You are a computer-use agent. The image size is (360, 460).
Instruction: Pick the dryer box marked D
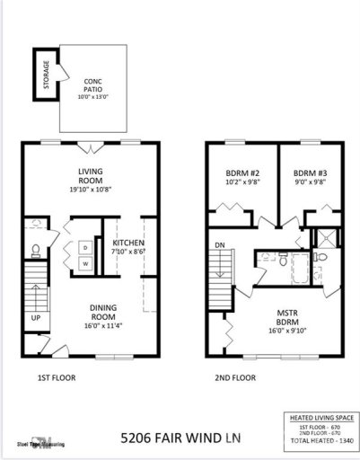point(85,246)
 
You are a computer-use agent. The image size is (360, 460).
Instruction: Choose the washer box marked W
point(85,263)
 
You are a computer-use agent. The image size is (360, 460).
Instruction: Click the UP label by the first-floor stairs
point(36,318)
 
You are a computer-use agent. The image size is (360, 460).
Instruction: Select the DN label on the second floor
point(219,243)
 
